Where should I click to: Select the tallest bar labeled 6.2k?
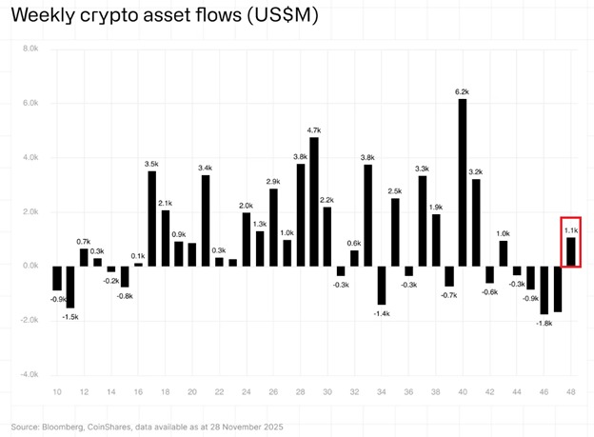[463, 181]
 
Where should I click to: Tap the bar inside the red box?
[571, 251]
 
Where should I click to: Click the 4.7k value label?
[314, 129]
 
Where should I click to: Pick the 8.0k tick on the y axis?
[29, 49]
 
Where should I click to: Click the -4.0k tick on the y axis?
[28, 374]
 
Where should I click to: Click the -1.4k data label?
[382, 313]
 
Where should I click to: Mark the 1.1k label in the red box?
[571, 230]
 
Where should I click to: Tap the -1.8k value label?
[545, 323]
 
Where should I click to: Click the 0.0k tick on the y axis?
[29, 266]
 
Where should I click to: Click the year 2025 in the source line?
[269, 424]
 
